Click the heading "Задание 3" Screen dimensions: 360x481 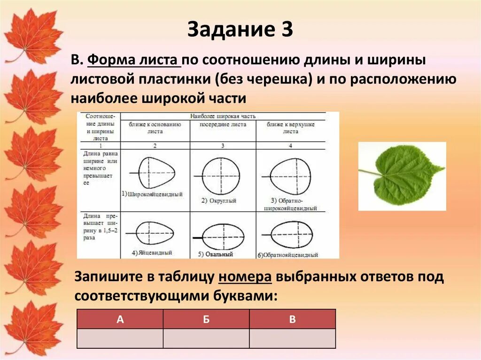click(x=240, y=30)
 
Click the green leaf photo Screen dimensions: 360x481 click(x=402, y=176)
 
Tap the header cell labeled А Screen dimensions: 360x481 click(x=120, y=319)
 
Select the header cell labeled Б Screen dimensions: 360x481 click(x=206, y=319)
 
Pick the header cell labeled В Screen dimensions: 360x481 click(x=292, y=319)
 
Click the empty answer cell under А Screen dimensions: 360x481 click(x=120, y=338)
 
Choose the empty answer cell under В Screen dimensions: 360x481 click(x=292, y=338)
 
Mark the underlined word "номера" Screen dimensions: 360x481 click(x=245, y=277)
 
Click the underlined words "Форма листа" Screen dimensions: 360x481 click(x=133, y=60)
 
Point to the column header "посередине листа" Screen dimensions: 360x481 click(x=223, y=125)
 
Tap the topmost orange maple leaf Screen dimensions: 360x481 click(x=33, y=35)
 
